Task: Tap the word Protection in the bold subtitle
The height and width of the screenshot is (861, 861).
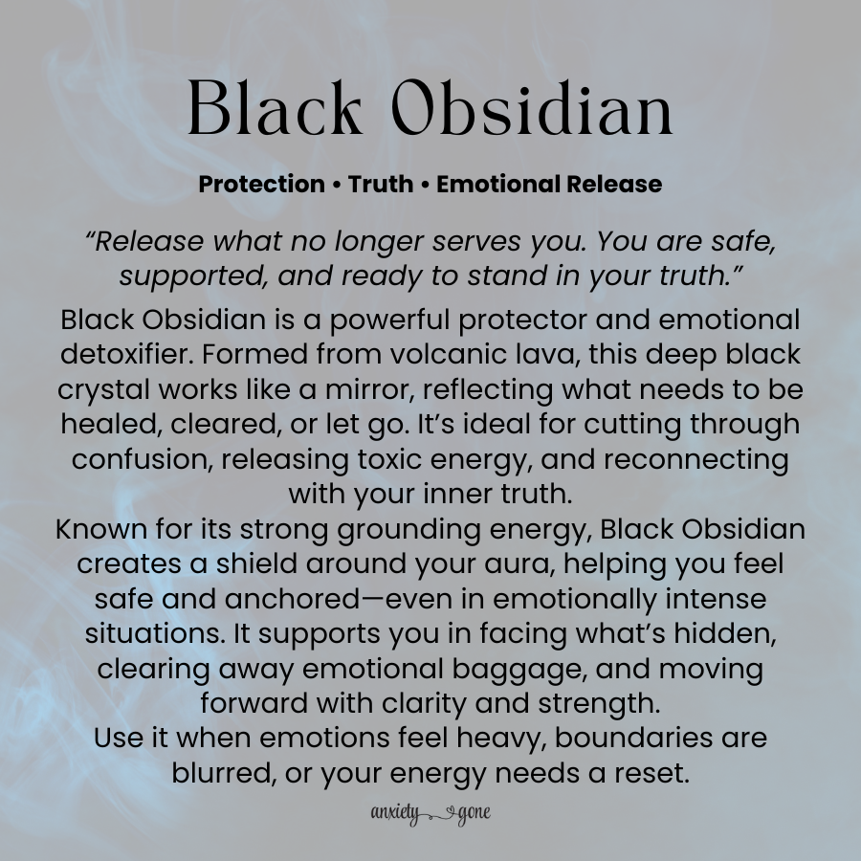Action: click(x=261, y=184)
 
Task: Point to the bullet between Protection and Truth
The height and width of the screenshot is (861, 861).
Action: click(x=337, y=184)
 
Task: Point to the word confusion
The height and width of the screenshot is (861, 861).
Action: click(x=142, y=458)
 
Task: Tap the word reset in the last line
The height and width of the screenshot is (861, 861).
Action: click(x=651, y=773)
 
